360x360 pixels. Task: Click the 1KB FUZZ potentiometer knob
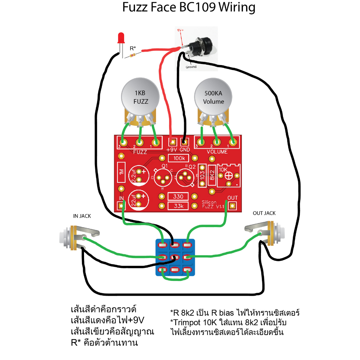click(140, 97)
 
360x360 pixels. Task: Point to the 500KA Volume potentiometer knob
click(213, 97)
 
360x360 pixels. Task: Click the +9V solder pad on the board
click(172, 142)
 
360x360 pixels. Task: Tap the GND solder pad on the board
click(184, 142)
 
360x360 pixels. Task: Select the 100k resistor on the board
click(179, 158)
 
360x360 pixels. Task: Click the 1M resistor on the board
click(121, 172)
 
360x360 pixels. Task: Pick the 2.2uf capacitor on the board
click(139, 176)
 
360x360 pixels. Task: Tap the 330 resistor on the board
click(178, 197)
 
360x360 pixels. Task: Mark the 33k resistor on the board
click(178, 206)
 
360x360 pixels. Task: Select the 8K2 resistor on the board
click(212, 175)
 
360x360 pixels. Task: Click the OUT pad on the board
click(232, 205)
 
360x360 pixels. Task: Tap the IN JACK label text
click(82, 216)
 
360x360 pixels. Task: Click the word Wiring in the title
click(237, 7)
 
